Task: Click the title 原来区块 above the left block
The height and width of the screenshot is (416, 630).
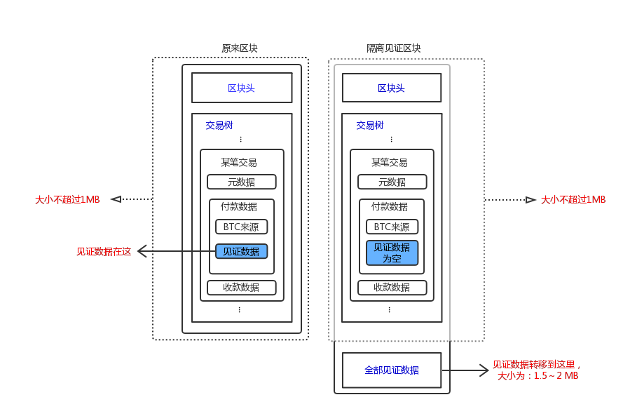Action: pyautogui.click(x=240, y=48)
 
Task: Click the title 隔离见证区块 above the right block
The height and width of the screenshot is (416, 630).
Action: pyautogui.click(x=394, y=48)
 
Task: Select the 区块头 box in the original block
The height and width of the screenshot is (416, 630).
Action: pyautogui.click(x=242, y=88)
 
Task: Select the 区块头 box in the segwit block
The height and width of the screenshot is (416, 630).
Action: pyautogui.click(x=391, y=88)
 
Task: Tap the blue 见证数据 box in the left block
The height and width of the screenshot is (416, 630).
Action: pyautogui.click(x=241, y=251)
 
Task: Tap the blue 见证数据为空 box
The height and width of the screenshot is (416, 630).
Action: pyautogui.click(x=392, y=253)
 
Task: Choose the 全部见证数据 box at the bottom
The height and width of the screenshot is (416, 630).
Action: pyautogui.click(x=392, y=370)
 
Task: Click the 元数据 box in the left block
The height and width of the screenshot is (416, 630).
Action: pyautogui.click(x=241, y=182)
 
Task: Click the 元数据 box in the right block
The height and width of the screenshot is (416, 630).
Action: pyautogui.click(x=392, y=182)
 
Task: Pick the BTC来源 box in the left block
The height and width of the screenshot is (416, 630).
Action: pyautogui.click(x=241, y=227)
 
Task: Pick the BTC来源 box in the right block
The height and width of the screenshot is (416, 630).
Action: pyautogui.click(x=392, y=227)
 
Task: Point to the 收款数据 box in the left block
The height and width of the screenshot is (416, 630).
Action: pyautogui.click(x=241, y=287)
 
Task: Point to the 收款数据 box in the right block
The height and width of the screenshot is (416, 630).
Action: pyautogui.click(x=392, y=287)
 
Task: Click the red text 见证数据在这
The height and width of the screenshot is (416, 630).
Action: pyautogui.click(x=104, y=251)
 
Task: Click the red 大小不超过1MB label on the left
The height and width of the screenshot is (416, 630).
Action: pyautogui.click(x=67, y=199)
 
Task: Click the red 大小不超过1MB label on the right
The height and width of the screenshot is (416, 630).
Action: pyautogui.click(x=573, y=199)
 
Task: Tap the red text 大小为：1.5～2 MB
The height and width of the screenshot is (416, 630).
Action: pyautogui.click(x=537, y=375)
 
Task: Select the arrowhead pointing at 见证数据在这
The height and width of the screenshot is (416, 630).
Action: pyautogui.click(x=142, y=251)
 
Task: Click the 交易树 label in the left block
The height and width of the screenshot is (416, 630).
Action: pyautogui.click(x=219, y=126)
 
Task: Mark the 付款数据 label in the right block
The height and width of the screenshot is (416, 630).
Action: pyautogui.click(x=390, y=206)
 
